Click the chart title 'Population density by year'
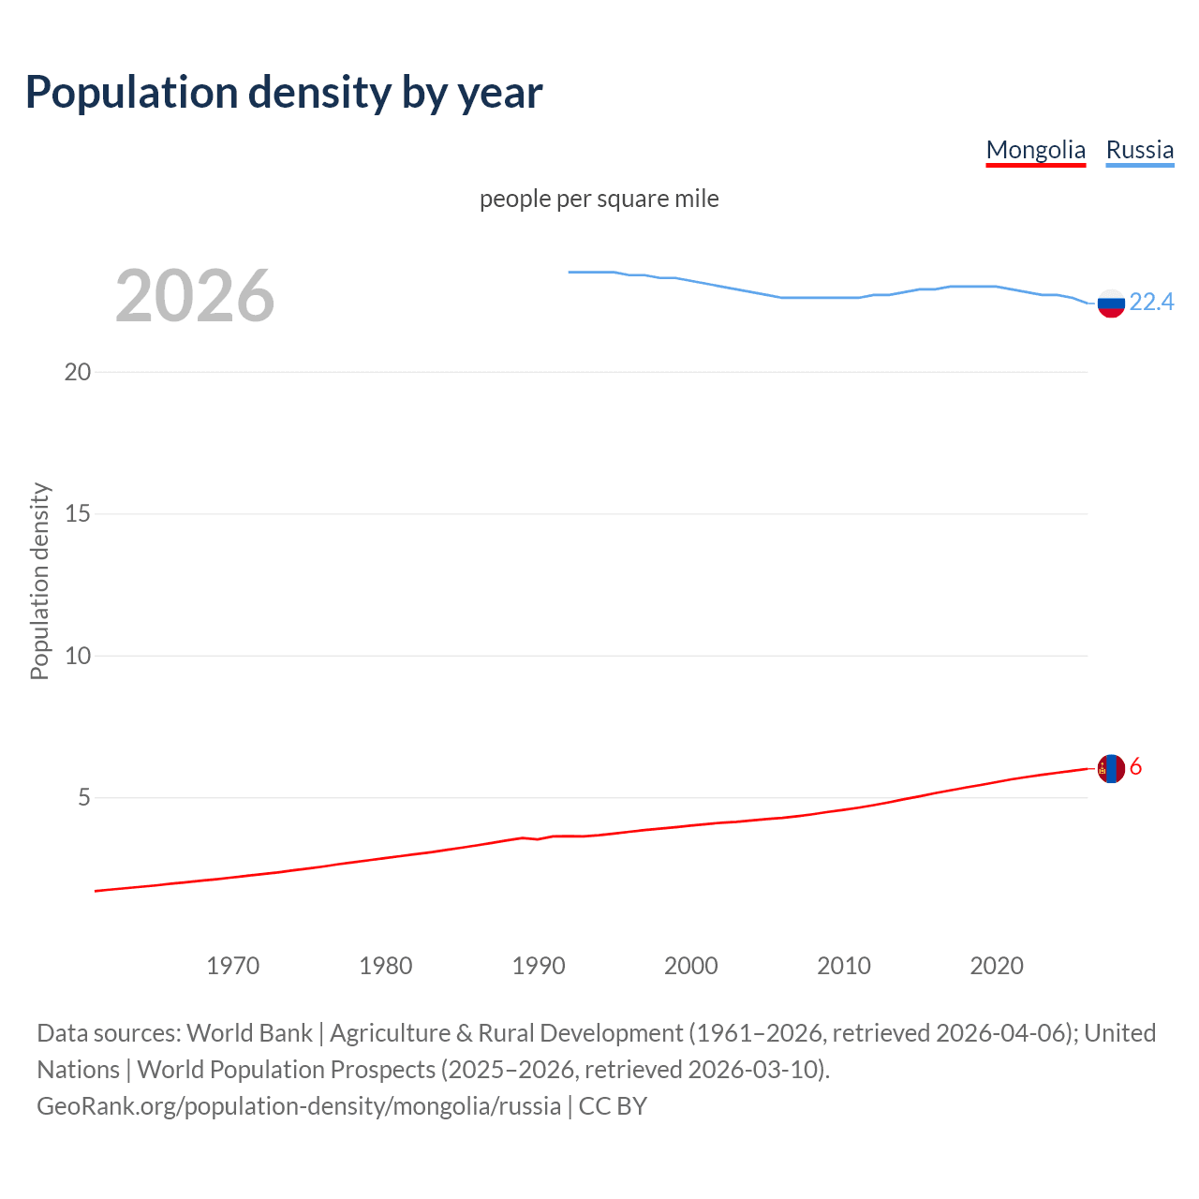click(284, 93)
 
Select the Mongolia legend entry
click(1035, 150)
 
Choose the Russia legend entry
click(1139, 150)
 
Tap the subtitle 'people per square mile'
click(599, 200)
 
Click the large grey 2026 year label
click(195, 296)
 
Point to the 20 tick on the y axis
click(78, 372)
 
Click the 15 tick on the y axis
click(78, 514)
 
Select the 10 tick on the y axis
click(78, 656)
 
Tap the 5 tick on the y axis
click(84, 798)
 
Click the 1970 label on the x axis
click(233, 966)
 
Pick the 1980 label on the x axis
click(386, 966)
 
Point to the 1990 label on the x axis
click(539, 966)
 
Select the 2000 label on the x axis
click(691, 966)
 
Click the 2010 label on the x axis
click(844, 966)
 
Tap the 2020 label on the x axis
click(997, 966)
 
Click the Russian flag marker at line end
click(1111, 303)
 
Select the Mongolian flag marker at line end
click(1111, 768)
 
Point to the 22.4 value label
click(1151, 302)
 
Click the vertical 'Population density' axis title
click(39, 581)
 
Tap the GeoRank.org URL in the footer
click(299, 1106)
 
